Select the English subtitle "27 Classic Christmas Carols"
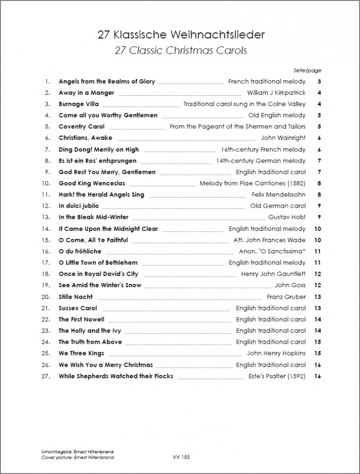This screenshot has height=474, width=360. pyautogui.click(x=180, y=50)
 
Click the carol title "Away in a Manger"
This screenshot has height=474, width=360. pyautogui.click(x=86, y=93)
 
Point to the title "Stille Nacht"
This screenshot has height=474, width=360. pyautogui.click(x=76, y=297)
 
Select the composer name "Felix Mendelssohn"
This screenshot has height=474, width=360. pyautogui.click(x=278, y=195)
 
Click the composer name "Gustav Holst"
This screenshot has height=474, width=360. pyautogui.click(x=286, y=218)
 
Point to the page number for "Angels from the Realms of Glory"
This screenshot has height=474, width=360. pyautogui.click(x=320, y=82)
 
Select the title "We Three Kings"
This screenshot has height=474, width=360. pyautogui.click(x=81, y=354)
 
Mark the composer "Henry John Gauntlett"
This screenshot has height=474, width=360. pyautogui.click(x=273, y=274)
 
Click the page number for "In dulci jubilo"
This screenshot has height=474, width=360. pyautogui.click(x=320, y=206)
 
